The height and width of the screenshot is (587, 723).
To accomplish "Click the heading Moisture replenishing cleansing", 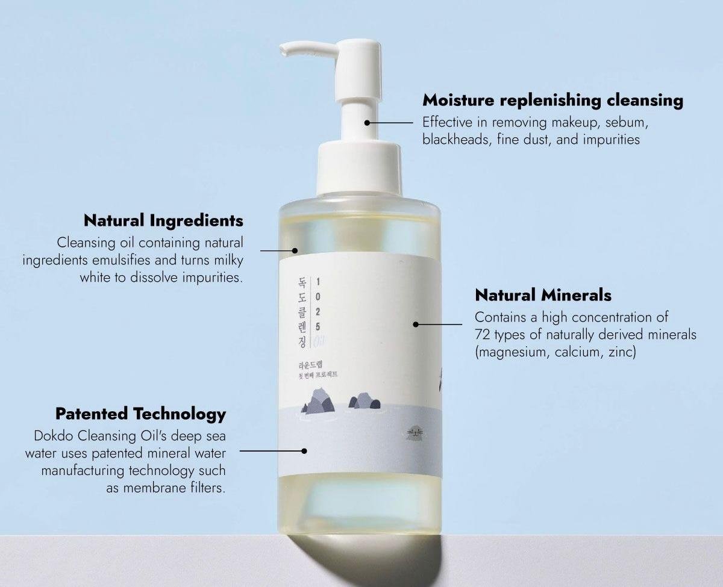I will click(x=552, y=100).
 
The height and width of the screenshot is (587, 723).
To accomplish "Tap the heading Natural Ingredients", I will click(x=163, y=220).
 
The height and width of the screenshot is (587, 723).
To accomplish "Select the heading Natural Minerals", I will click(x=543, y=295).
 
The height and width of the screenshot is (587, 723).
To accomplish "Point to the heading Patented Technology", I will click(x=140, y=414).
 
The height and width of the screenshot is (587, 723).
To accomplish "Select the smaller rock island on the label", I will click(x=360, y=400).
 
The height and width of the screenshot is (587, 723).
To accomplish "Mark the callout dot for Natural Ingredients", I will click(x=295, y=250).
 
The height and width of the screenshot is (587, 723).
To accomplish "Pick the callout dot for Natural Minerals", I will click(x=416, y=325).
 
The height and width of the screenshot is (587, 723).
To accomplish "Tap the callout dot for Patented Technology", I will click(x=304, y=450).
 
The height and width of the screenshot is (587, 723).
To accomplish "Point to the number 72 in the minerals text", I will click(x=482, y=335).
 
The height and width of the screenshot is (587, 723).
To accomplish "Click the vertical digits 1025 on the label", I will click(x=319, y=311).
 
